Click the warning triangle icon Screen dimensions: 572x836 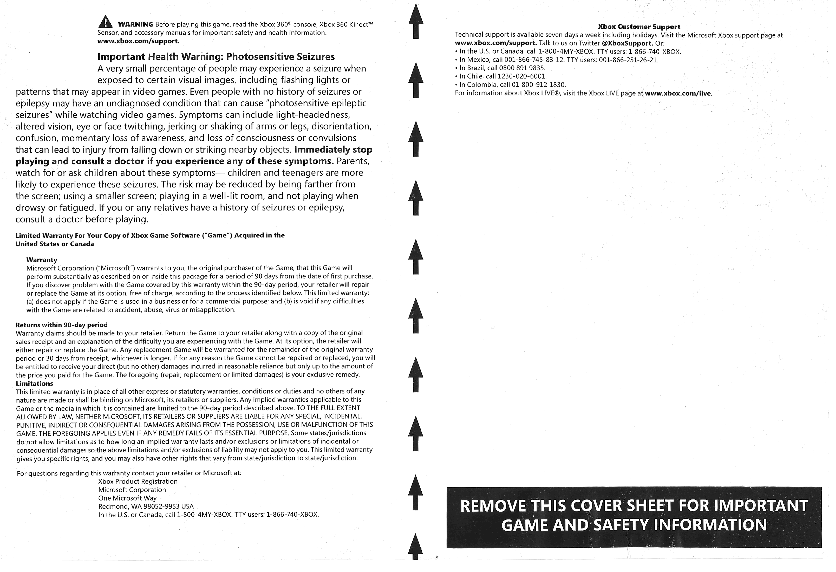105,22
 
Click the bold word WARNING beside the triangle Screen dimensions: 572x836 136,24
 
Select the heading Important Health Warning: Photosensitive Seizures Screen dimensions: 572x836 216,57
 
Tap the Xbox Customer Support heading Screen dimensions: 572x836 639,27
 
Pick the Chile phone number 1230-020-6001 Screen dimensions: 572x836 522,76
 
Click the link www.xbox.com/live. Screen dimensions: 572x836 678,94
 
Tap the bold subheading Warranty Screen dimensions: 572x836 42,260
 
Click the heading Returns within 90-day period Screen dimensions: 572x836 62,325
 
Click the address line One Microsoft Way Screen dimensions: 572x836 127,498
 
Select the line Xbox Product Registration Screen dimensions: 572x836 138,481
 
